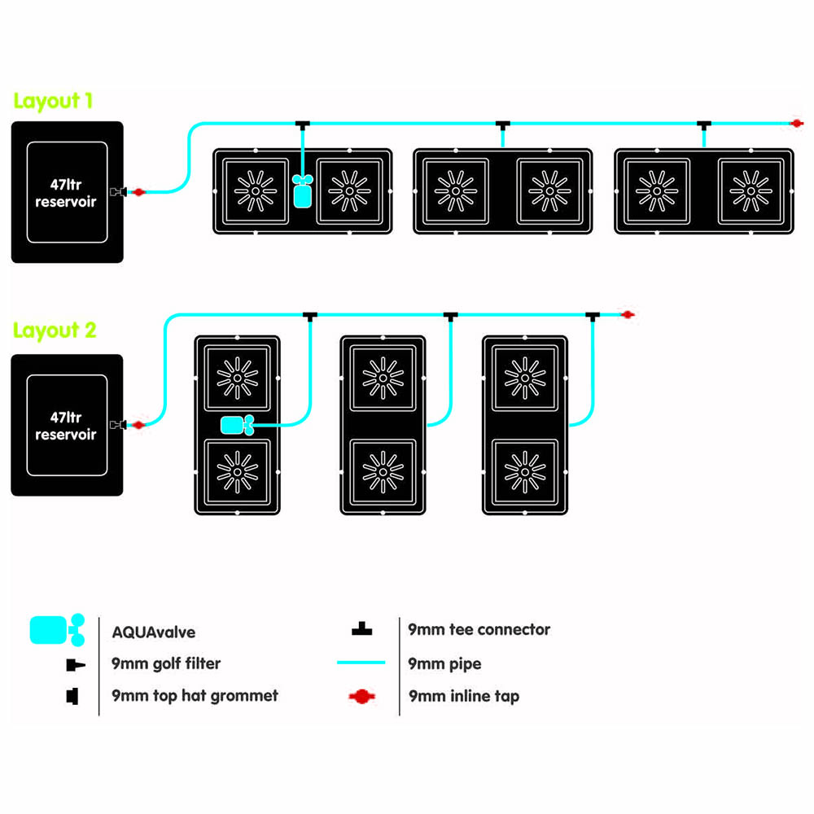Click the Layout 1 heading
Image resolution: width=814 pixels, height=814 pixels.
coord(53,101)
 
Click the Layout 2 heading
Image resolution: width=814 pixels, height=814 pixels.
coord(55,330)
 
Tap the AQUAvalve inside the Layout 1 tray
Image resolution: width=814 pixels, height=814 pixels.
coord(302,192)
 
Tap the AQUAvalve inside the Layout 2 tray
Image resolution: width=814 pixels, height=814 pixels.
coord(237,424)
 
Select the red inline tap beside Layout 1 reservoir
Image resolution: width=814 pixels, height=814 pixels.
coord(138,192)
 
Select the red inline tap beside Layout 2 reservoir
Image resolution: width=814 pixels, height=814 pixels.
coord(138,424)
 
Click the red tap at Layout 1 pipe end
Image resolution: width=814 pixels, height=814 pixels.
coord(798,123)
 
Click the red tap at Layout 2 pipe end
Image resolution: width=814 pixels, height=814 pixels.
coord(627,314)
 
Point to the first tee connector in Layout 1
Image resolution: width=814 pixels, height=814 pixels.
coord(302,124)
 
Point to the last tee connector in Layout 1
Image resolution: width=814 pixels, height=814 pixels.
coord(704,124)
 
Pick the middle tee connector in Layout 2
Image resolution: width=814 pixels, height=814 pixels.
coord(449,315)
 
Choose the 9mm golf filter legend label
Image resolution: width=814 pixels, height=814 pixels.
coord(166,663)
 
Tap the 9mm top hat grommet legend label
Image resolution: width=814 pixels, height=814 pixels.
coord(195,696)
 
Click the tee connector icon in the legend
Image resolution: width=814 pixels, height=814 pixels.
coord(361,629)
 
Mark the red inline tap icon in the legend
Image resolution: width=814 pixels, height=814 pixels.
coord(361,697)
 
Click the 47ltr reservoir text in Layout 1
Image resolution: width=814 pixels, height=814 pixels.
coord(66,193)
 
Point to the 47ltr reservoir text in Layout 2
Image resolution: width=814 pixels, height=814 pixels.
coord(66,426)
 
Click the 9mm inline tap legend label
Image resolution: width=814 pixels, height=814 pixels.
coord(463,696)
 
